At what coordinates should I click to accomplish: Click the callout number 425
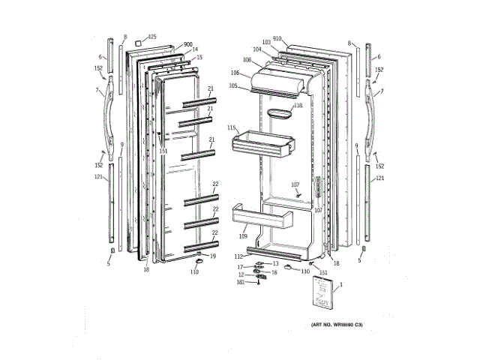[152, 37]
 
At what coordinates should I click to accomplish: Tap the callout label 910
[277, 37]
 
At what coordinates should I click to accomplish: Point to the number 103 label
[266, 43]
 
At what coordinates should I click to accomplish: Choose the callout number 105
[233, 86]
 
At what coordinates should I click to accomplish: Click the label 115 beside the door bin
[232, 127]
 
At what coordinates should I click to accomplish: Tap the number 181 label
[241, 282]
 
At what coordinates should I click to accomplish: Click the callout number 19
[212, 256]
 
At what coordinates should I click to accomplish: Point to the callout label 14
[195, 50]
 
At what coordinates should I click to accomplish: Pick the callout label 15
[199, 58]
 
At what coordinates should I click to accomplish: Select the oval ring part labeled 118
[274, 113]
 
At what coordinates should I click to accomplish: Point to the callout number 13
[275, 264]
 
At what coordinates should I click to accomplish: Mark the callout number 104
[257, 49]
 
